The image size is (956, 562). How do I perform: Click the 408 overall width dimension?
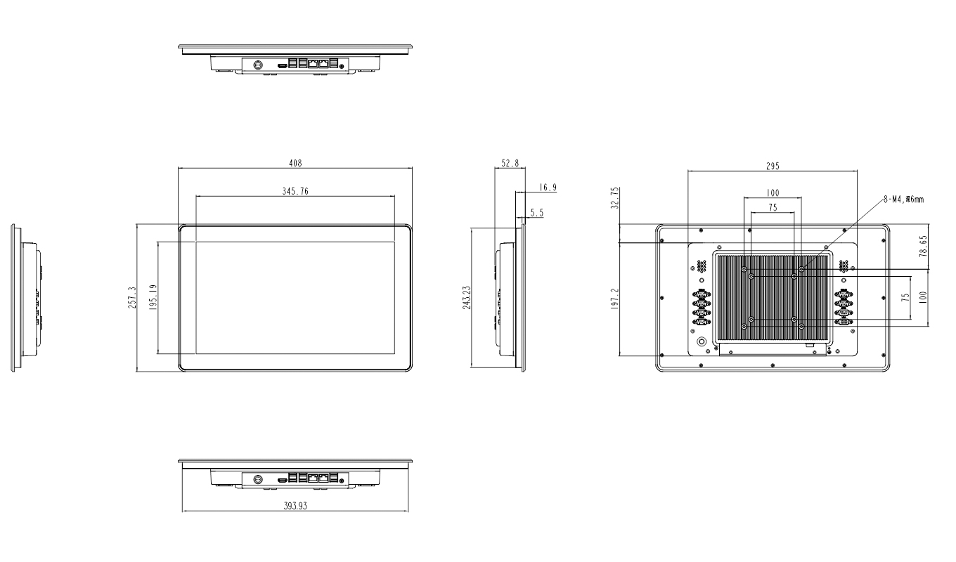point(295,163)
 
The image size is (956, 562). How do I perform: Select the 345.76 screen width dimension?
point(295,191)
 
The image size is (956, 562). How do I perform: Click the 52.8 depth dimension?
point(510,163)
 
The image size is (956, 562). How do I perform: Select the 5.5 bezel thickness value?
point(536,211)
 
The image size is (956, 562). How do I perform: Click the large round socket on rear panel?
point(701,341)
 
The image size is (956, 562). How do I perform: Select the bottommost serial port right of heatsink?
point(843,322)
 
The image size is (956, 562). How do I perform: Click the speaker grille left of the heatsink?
point(701,267)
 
